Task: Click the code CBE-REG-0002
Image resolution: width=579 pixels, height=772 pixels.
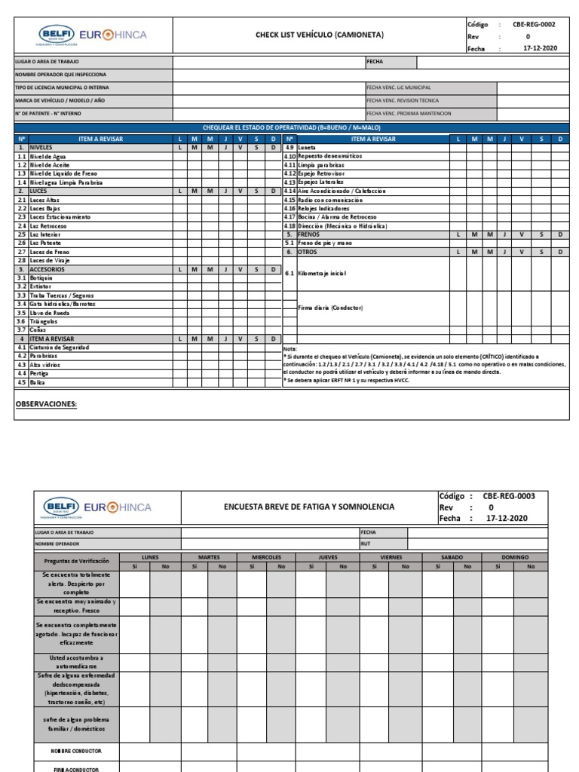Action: (x=534, y=24)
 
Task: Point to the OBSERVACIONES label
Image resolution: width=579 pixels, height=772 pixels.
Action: (x=46, y=404)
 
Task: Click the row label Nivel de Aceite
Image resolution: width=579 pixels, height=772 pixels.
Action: (x=51, y=164)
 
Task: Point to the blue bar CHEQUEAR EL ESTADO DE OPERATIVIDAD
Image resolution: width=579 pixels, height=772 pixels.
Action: (x=290, y=127)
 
